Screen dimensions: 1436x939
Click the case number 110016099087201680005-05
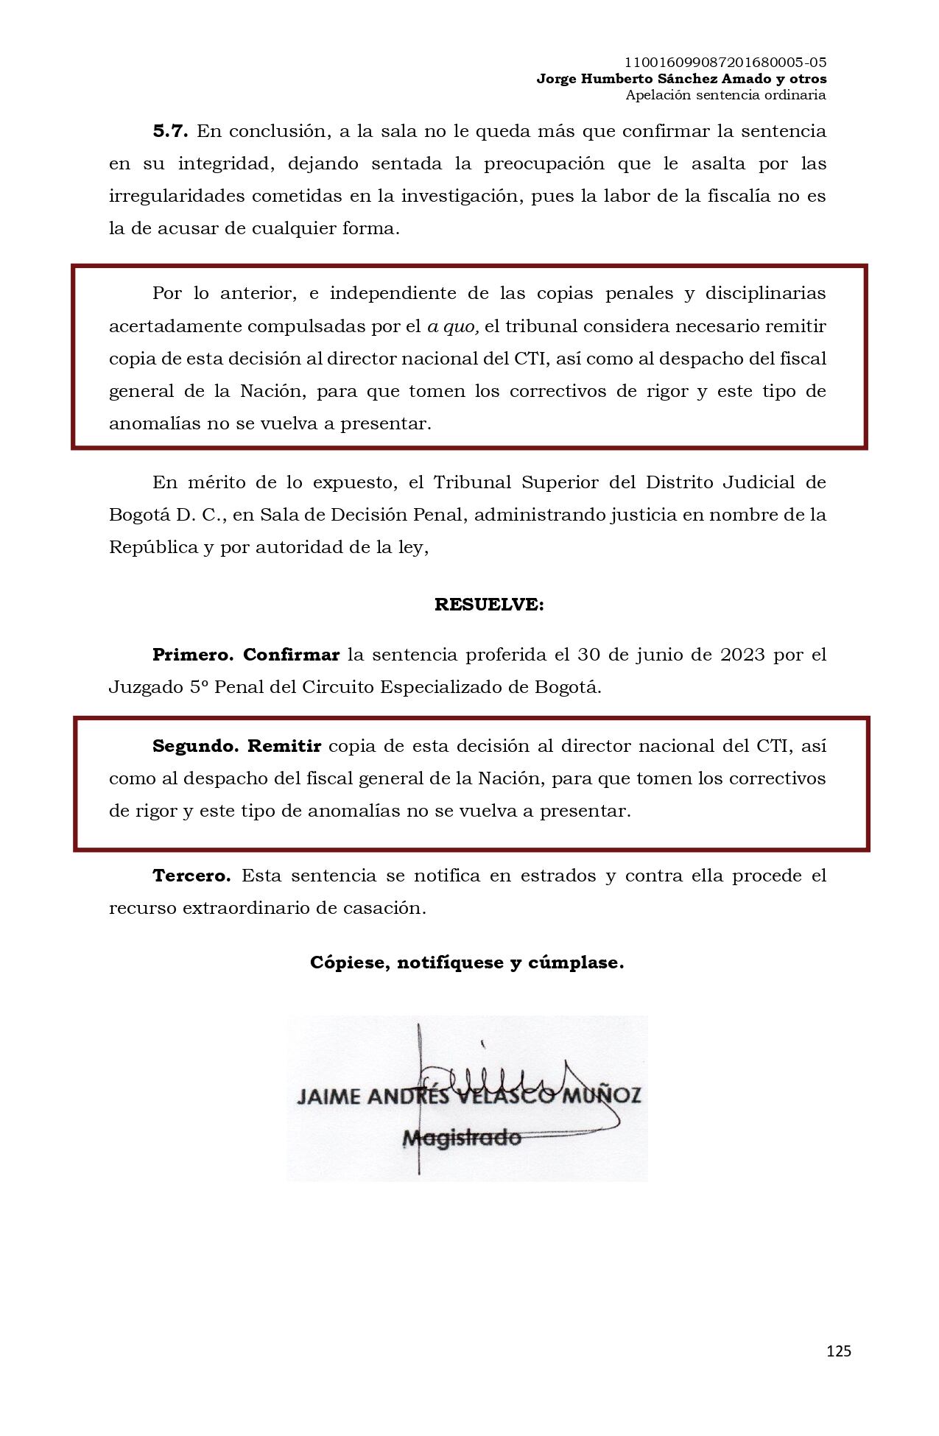(x=725, y=63)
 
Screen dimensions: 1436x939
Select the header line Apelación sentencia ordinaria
(x=725, y=95)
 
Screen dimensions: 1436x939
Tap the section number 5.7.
(x=170, y=132)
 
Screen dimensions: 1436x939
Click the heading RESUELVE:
(x=489, y=605)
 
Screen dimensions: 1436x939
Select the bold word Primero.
(x=193, y=655)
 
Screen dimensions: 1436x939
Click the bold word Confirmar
(x=291, y=655)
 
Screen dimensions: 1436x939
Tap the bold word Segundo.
(x=195, y=746)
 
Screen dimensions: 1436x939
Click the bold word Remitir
(x=284, y=746)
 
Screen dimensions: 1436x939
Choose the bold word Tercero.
(x=191, y=876)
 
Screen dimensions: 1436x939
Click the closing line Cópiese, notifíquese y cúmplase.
(x=467, y=962)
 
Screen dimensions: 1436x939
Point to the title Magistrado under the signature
(x=462, y=1138)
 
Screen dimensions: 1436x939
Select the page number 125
(x=838, y=1351)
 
